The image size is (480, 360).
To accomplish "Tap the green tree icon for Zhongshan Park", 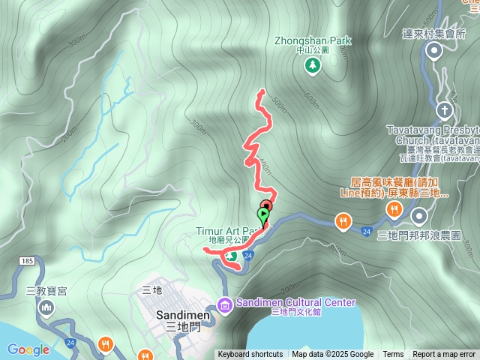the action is [311, 66].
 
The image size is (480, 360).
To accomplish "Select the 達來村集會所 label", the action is [433, 33].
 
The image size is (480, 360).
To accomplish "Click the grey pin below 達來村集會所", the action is [433, 51].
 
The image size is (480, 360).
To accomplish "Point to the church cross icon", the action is [445, 111].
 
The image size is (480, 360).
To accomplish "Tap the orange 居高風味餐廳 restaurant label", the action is [399, 187].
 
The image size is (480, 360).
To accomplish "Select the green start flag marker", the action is [262, 215].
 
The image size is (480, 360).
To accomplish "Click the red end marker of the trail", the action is [266, 206].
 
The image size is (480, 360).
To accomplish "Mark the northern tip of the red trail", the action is [262, 91].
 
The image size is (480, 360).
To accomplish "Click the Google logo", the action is [28, 349].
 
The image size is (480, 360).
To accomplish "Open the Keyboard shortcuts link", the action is [250, 355].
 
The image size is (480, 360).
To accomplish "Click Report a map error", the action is [444, 355].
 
